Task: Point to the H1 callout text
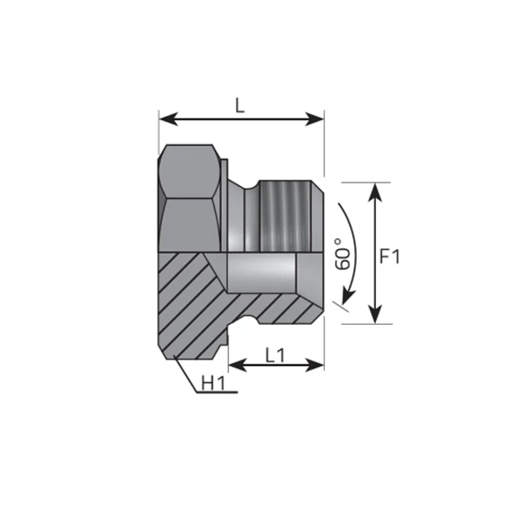tap(213, 382)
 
